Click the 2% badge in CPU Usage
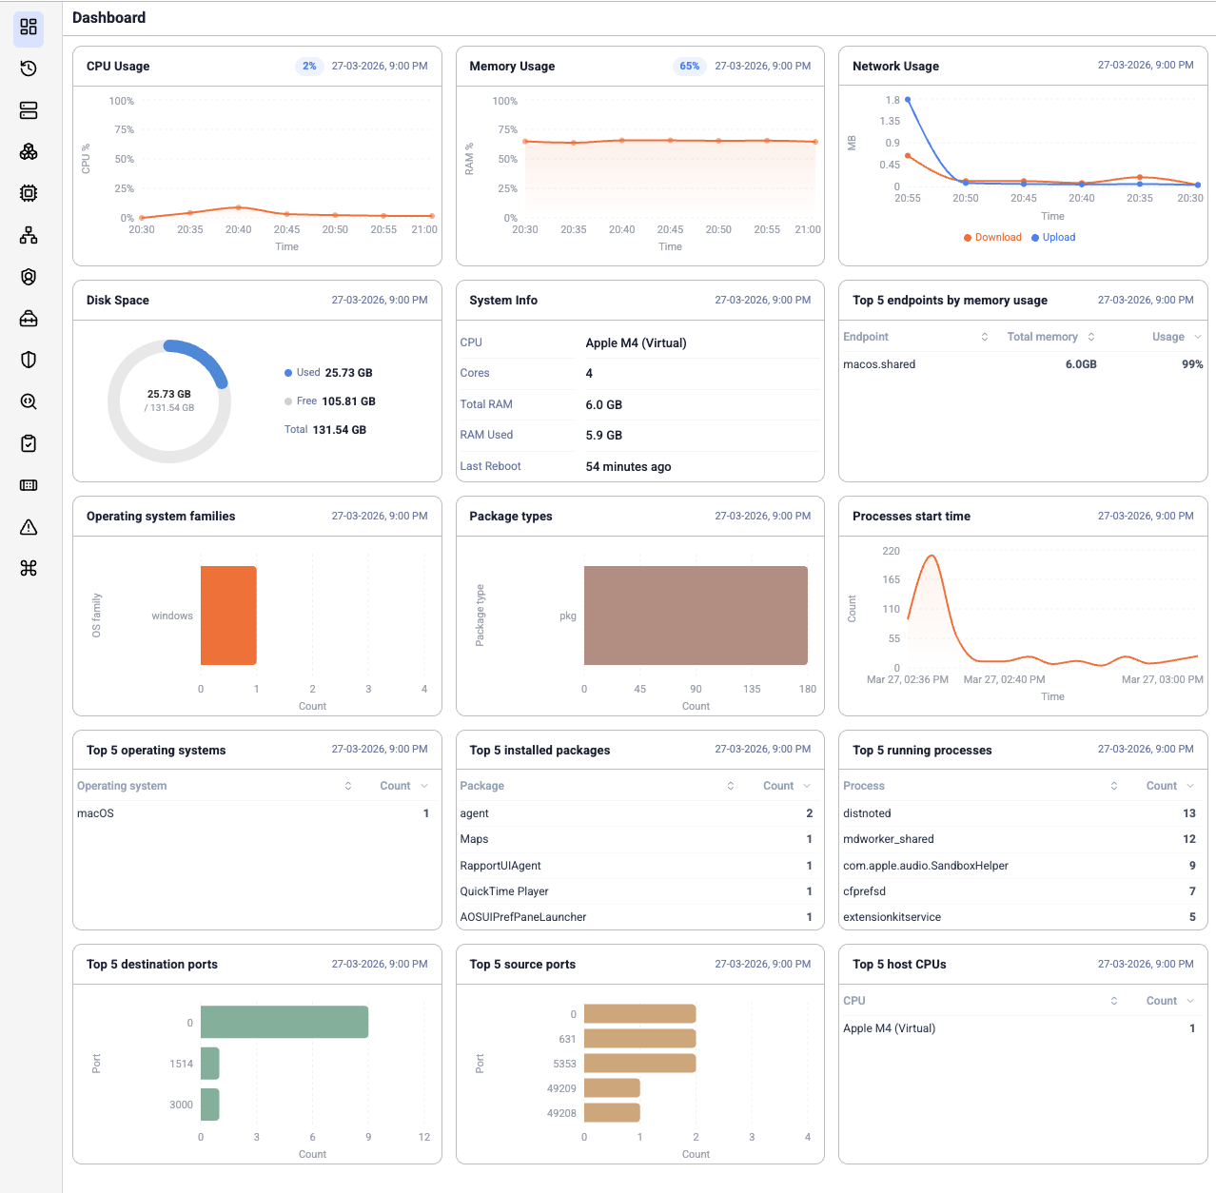point(309,67)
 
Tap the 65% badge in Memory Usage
point(689,67)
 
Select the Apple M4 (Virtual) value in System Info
point(636,343)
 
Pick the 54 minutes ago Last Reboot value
point(628,467)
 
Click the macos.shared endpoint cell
point(879,364)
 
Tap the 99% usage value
point(1191,364)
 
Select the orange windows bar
point(228,616)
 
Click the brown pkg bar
point(696,616)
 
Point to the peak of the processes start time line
point(932,557)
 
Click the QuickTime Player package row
point(504,891)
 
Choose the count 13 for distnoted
point(1188,813)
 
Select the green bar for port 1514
point(210,1064)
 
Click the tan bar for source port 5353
point(639,1064)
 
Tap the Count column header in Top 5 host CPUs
point(1161,1001)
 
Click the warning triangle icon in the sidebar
point(29,527)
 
